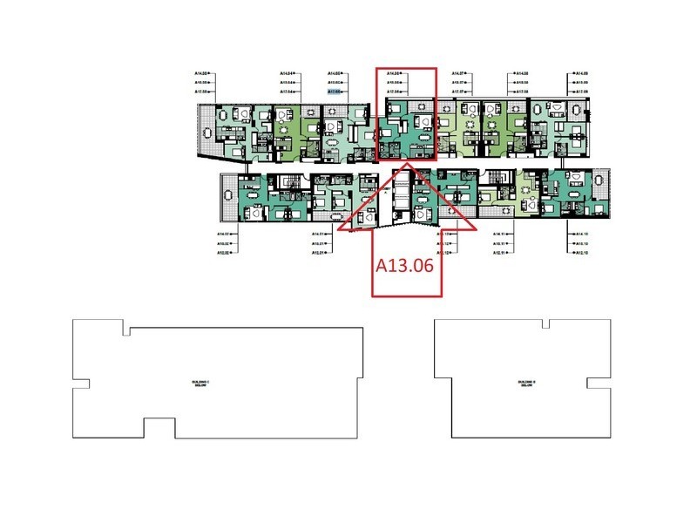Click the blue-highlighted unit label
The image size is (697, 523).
(x=335, y=91)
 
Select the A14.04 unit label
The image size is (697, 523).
(x=288, y=73)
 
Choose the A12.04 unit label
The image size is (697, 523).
(x=288, y=91)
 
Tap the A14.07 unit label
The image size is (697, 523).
(x=461, y=73)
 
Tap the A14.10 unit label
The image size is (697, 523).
(x=581, y=234)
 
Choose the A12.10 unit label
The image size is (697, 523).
(x=581, y=253)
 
